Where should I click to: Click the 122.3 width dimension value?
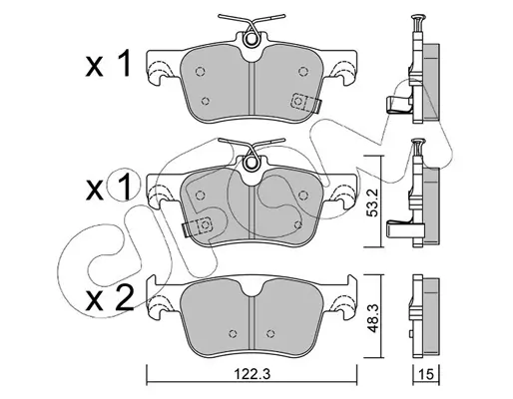(x=252, y=374)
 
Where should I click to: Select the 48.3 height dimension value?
(x=373, y=317)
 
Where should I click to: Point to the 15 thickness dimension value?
(x=426, y=374)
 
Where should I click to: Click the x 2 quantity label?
(x=109, y=298)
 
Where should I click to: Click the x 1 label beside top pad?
(x=107, y=64)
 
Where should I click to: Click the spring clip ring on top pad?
(x=252, y=39)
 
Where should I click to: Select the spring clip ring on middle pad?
(x=252, y=163)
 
